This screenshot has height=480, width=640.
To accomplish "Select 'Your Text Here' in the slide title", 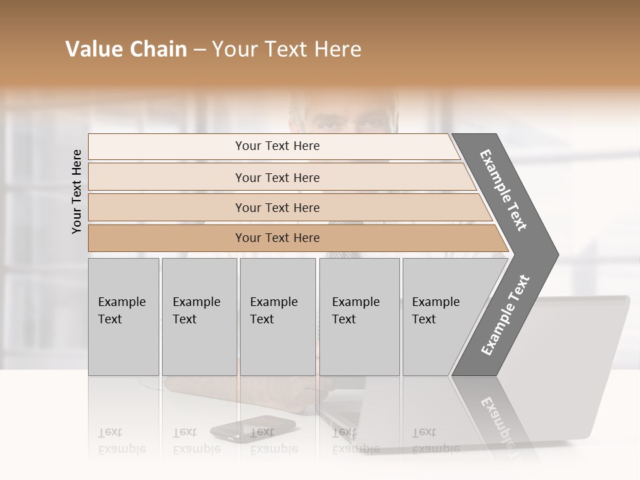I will tap(287, 49).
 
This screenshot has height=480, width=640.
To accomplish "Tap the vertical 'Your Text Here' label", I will tap(77, 191).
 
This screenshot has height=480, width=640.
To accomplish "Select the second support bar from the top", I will tap(277, 177).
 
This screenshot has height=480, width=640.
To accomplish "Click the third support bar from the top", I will tap(277, 208).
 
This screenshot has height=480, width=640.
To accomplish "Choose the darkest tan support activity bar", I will tap(277, 238).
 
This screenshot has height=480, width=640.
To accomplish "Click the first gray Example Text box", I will tap(123, 317).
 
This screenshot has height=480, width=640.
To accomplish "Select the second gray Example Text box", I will tap(199, 317).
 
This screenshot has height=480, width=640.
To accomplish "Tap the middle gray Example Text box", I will tap(277, 317).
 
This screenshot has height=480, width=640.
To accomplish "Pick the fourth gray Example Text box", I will tap(359, 317).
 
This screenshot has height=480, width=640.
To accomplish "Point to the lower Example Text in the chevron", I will tap(505, 315).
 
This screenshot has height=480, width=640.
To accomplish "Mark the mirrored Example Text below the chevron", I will tap(497, 420).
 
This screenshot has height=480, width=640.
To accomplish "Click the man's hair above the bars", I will tap(343, 100).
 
